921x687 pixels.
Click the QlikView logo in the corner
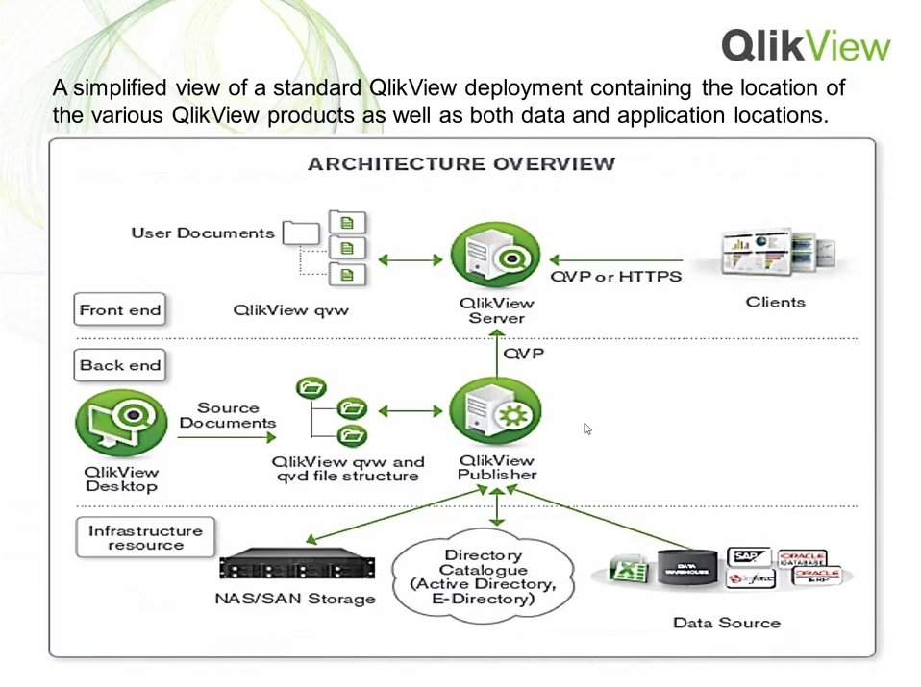[806, 45]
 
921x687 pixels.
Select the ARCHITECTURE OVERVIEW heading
[461, 163]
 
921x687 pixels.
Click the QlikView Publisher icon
[495, 411]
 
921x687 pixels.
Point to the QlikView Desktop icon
[121, 422]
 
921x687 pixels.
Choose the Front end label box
[120, 310]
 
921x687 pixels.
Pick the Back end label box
[120, 365]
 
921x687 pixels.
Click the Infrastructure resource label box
[145, 537]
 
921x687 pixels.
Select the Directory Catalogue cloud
[483, 577]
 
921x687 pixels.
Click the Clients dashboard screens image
[777, 253]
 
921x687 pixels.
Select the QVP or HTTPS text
[615, 277]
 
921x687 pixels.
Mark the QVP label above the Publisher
[524, 354]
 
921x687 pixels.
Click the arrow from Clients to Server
[615, 259]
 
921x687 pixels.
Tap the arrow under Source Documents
[227, 438]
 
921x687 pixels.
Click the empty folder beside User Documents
[301, 233]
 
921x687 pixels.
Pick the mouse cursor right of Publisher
[587, 429]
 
